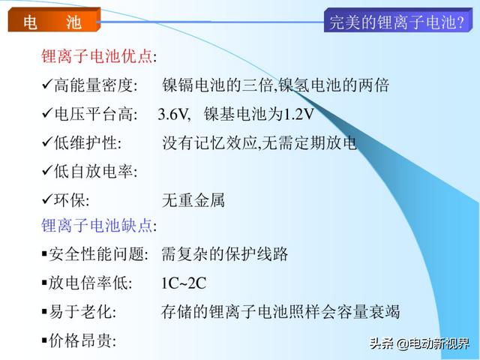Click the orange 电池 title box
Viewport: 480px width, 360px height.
coord(54,20)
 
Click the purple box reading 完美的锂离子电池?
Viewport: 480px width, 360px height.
coord(398,20)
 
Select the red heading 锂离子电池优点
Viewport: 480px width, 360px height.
coord(97,56)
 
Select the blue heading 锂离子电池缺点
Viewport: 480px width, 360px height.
coord(97,226)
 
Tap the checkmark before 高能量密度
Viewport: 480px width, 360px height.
coord(47,84)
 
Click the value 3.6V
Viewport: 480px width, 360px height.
coord(172,114)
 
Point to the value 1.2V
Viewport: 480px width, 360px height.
coord(298,114)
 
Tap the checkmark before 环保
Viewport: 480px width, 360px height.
coord(47,199)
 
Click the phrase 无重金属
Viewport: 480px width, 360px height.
coord(193,200)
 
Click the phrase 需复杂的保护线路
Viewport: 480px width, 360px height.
coord(225,254)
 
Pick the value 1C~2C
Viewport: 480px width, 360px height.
coord(184,283)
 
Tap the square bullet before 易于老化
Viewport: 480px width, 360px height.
coord(44,312)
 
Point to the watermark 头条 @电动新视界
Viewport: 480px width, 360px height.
coord(419,343)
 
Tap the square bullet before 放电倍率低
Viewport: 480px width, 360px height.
coord(44,283)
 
